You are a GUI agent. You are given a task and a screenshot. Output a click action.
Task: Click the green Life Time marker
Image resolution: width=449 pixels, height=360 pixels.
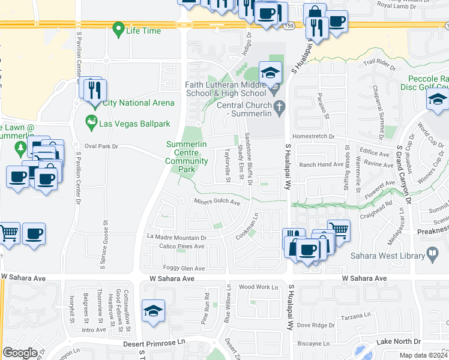click(119, 29)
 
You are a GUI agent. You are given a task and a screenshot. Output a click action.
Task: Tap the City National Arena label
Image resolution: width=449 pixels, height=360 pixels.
click(138, 103)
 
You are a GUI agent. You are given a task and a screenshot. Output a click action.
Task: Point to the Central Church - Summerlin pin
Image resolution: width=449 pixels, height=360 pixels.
click(279, 108)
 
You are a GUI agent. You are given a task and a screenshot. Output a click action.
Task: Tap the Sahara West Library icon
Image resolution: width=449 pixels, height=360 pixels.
click(432, 254)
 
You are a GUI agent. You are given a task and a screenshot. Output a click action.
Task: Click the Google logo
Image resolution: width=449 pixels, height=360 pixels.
click(20, 352)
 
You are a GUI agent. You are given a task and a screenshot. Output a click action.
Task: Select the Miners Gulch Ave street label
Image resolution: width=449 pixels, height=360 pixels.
click(217, 202)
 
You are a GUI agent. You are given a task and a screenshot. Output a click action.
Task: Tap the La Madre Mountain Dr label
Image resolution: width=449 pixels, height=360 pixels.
click(177, 237)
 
